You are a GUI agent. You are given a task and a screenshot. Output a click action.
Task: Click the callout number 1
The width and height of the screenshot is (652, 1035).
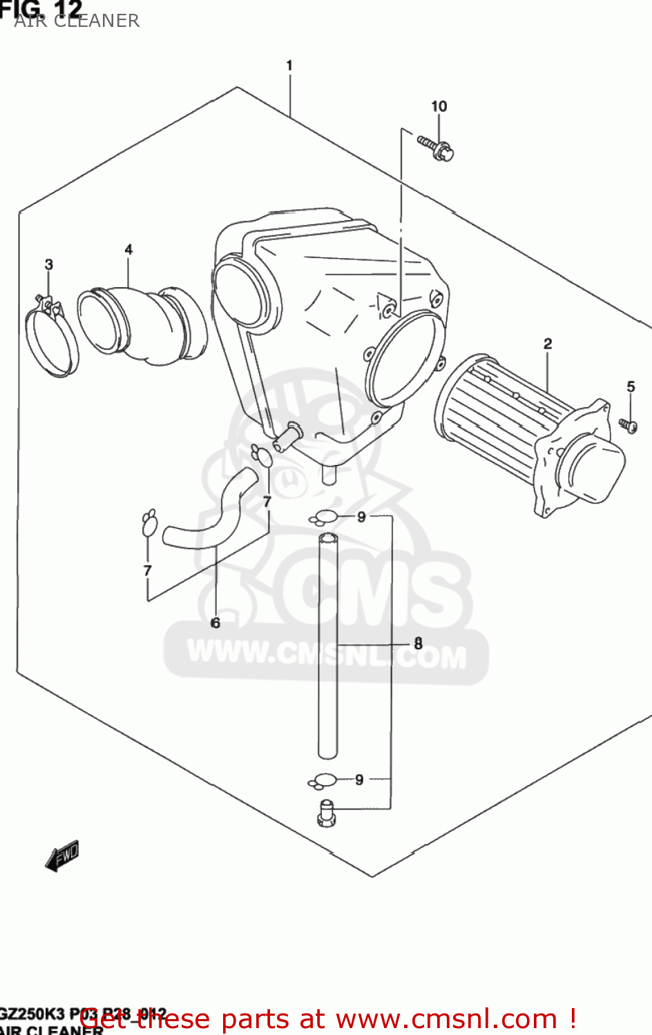click(x=289, y=66)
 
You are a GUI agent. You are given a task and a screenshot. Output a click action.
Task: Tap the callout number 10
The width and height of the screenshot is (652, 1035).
click(x=439, y=106)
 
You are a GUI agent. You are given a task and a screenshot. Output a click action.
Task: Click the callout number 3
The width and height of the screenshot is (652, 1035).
click(x=49, y=264)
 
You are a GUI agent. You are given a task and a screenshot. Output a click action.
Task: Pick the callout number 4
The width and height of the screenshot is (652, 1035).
click(x=128, y=250)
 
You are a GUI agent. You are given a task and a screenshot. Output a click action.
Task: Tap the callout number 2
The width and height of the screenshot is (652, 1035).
click(x=548, y=344)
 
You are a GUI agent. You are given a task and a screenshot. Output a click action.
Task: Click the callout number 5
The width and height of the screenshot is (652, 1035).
click(x=631, y=386)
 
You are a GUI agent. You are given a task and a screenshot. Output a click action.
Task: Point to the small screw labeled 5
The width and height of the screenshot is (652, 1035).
click(x=628, y=424)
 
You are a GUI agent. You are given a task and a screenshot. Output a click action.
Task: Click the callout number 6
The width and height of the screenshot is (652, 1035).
click(x=215, y=623)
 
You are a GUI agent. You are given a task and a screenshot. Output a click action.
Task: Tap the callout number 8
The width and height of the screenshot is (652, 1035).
click(x=418, y=644)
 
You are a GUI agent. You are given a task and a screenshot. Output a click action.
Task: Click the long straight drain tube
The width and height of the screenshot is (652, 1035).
click(x=328, y=645)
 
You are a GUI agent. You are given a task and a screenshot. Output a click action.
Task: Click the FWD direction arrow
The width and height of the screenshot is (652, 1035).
click(x=62, y=856)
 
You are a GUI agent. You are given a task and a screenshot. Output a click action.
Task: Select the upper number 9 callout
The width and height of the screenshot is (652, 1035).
click(x=361, y=517)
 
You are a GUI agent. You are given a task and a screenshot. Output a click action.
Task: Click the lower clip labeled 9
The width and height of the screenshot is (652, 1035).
click(x=322, y=780)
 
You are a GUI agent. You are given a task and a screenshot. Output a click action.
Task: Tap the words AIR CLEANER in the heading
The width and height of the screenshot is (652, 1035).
click(x=77, y=21)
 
